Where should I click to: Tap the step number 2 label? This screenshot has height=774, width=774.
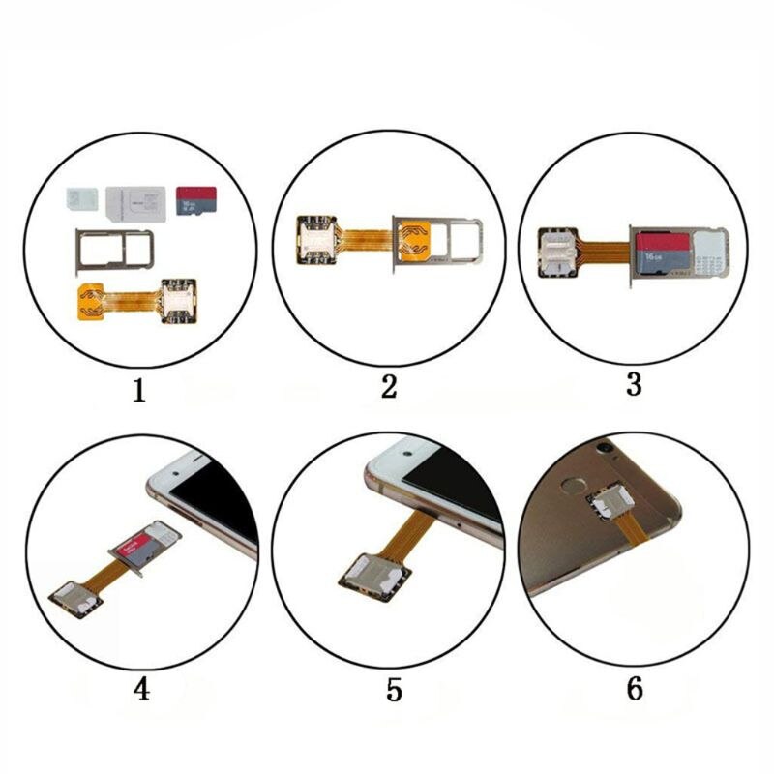(389, 387)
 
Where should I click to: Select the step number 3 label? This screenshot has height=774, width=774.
(634, 384)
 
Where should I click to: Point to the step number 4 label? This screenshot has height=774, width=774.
(141, 691)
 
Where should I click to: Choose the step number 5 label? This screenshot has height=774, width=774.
(392, 691)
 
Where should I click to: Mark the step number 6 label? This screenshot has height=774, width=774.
(635, 689)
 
